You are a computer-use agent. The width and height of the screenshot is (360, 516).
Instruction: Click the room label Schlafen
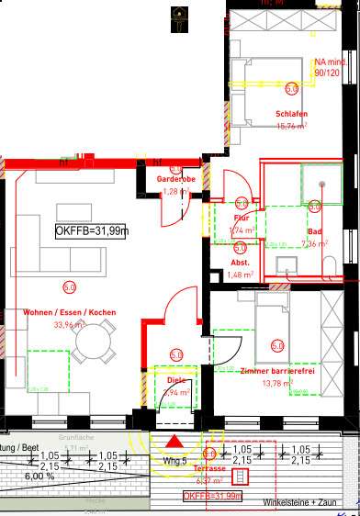(x=290, y=115)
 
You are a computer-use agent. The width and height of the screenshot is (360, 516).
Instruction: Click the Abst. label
(x=240, y=262)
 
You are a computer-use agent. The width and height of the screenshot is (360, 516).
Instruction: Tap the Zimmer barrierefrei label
(x=275, y=370)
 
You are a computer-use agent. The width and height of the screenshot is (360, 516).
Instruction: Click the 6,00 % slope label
(x=39, y=477)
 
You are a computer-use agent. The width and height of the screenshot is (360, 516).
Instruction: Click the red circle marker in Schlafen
(x=291, y=89)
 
